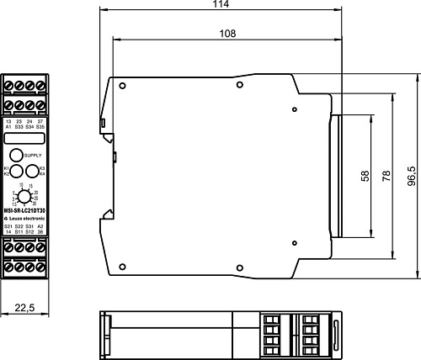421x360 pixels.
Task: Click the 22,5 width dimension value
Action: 24,309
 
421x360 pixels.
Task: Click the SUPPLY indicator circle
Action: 16,156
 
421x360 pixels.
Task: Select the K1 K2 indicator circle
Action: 16,171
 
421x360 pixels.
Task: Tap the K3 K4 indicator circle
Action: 32,171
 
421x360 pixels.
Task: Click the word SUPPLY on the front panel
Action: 31,156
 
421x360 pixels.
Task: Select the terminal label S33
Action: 19,126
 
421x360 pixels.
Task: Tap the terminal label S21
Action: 8,226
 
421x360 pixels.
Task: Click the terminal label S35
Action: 40,126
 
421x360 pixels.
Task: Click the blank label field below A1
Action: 24,139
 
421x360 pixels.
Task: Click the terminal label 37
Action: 40,121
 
